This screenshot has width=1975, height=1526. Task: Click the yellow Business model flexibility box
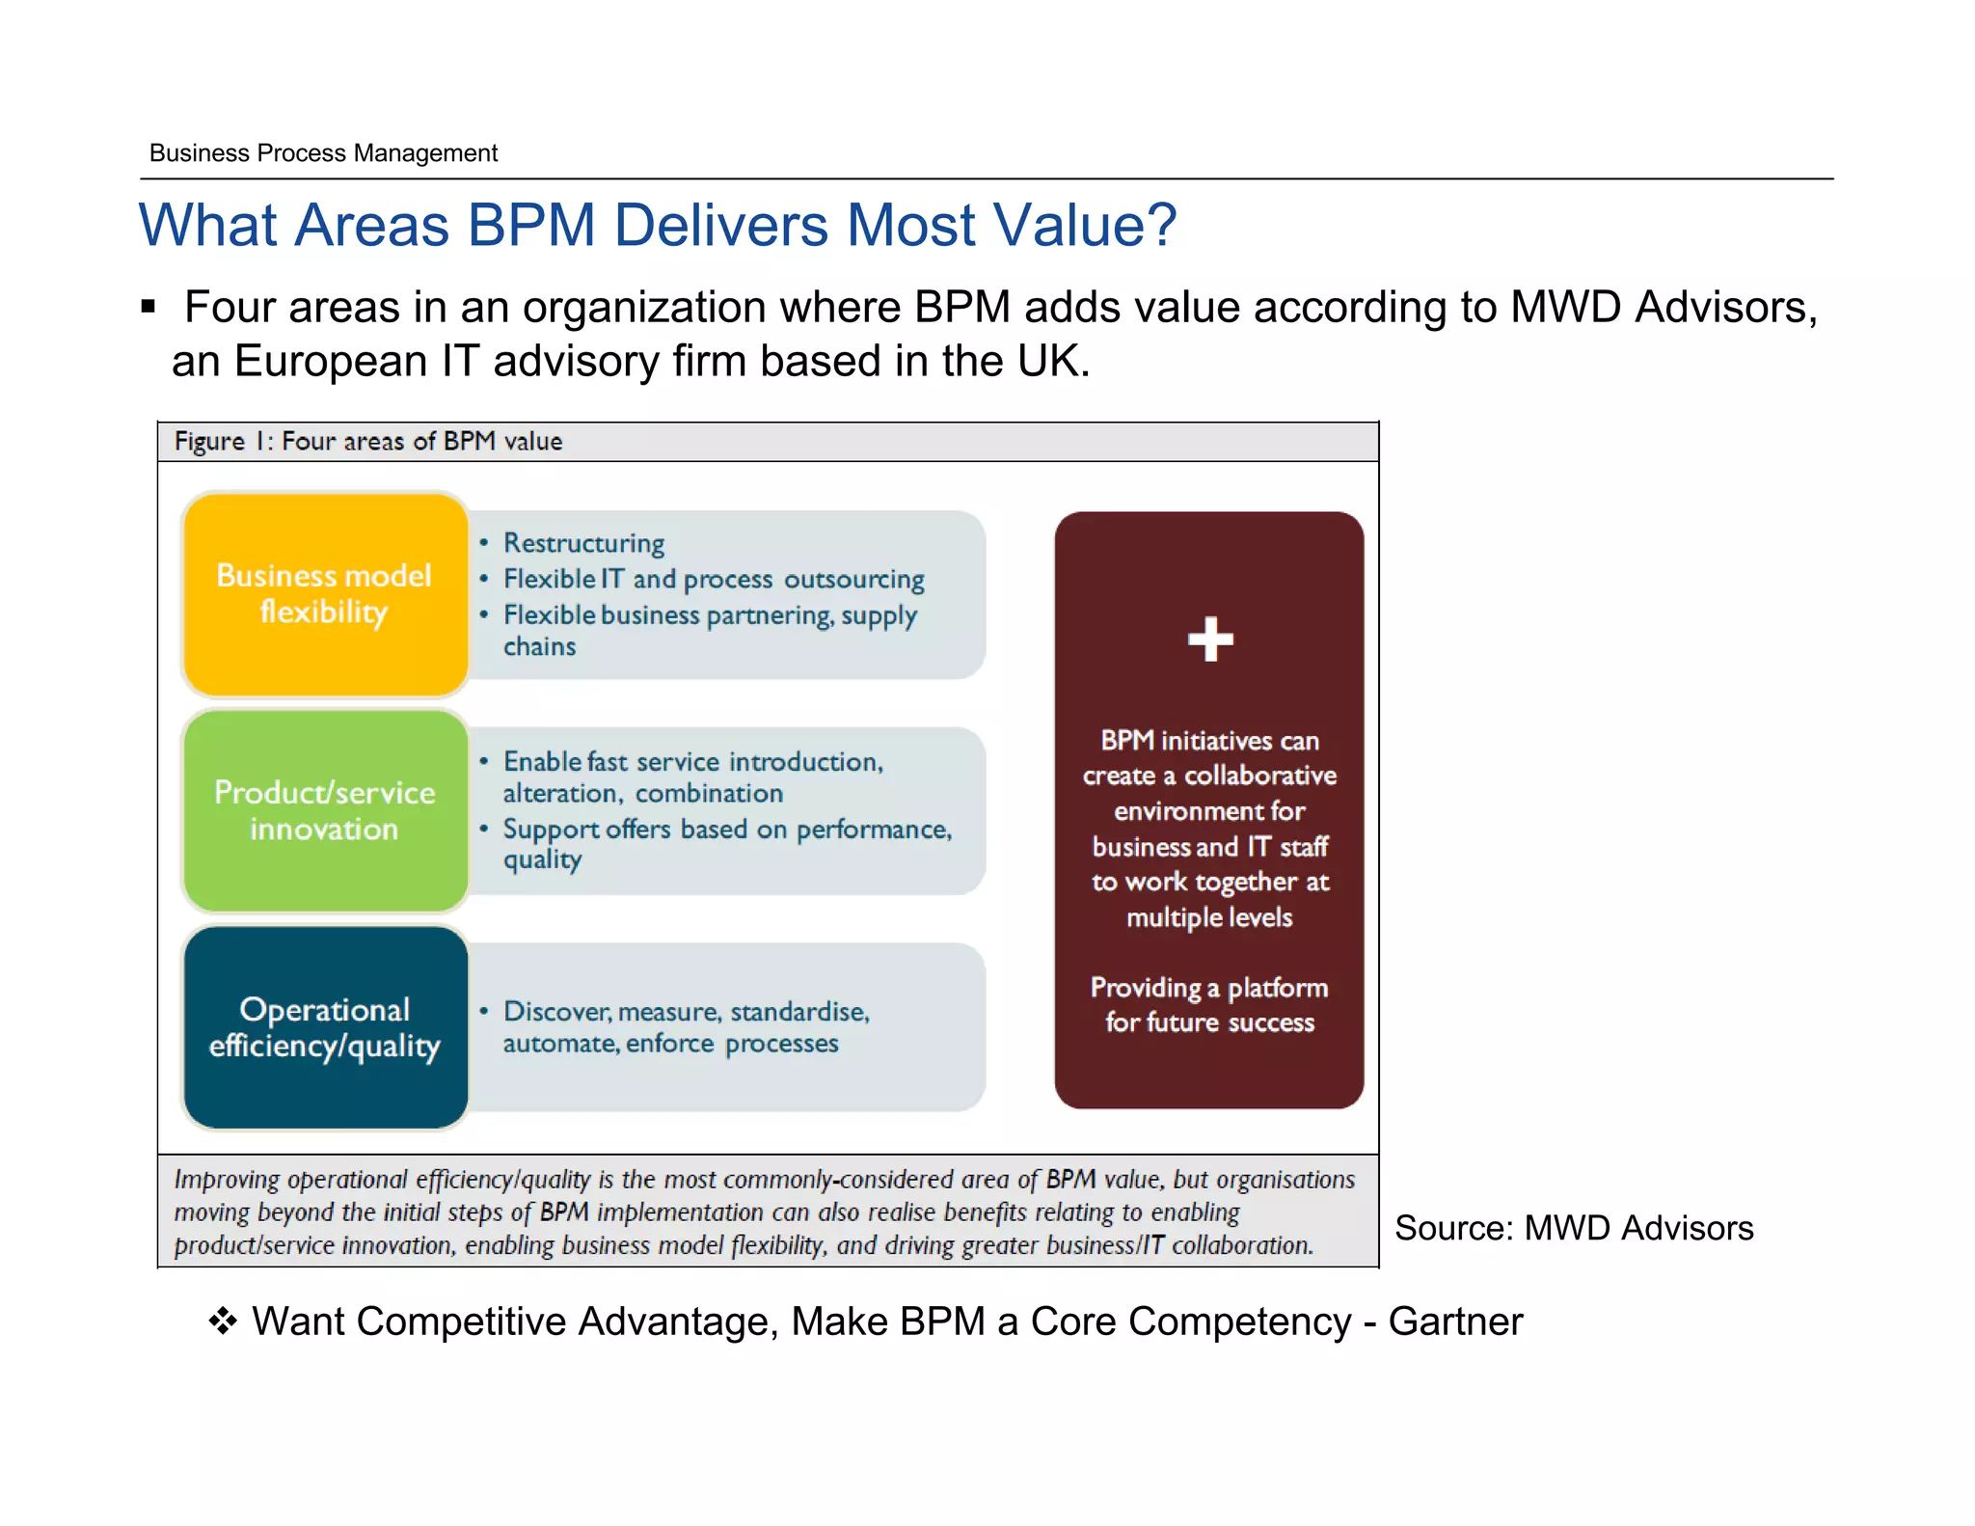click(325, 594)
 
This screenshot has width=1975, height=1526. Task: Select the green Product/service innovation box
click(325, 811)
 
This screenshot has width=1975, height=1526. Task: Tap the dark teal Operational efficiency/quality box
click(325, 1027)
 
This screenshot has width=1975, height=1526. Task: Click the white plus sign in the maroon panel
click(1210, 640)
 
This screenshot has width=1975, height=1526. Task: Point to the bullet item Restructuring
click(583, 543)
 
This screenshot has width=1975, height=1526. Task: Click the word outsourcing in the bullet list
click(853, 579)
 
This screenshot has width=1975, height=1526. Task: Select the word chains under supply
click(539, 646)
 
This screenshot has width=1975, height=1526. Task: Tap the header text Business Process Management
click(323, 153)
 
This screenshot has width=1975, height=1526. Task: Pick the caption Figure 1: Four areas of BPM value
click(367, 442)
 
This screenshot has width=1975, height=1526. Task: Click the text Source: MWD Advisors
click(1573, 1228)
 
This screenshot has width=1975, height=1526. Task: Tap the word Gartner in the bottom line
click(1455, 1322)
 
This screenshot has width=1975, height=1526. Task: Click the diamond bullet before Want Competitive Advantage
click(223, 1321)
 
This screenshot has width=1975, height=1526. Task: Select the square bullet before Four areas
click(148, 308)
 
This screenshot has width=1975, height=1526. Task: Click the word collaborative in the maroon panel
click(1259, 776)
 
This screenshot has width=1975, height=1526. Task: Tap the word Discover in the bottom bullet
click(556, 1011)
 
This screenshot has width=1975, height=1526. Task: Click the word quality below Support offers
click(542, 859)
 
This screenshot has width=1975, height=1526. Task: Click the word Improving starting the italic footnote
click(227, 1180)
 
